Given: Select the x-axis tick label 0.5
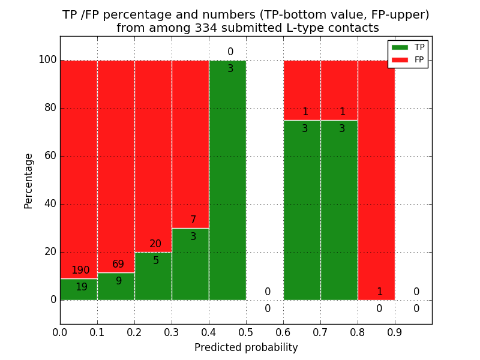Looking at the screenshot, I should click(246, 331).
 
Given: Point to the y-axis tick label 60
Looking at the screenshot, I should click(49, 156).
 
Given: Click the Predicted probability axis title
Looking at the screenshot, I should click(246, 347).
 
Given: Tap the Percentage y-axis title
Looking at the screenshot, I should click(29, 181).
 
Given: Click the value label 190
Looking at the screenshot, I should click(80, 271).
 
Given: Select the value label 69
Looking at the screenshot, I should click(118, 265).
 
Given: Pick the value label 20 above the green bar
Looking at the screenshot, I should click(155, 244).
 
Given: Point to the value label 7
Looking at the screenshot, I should click(193, 220).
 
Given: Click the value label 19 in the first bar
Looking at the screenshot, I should click(81, 287).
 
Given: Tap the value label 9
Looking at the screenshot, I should click(119, 281).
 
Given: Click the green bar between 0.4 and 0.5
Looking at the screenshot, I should click(227, 180).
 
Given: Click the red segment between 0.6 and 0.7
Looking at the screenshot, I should click(302, 84).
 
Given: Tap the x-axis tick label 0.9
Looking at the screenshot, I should click(395, 331).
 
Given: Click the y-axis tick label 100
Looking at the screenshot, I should click(47, 60).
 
